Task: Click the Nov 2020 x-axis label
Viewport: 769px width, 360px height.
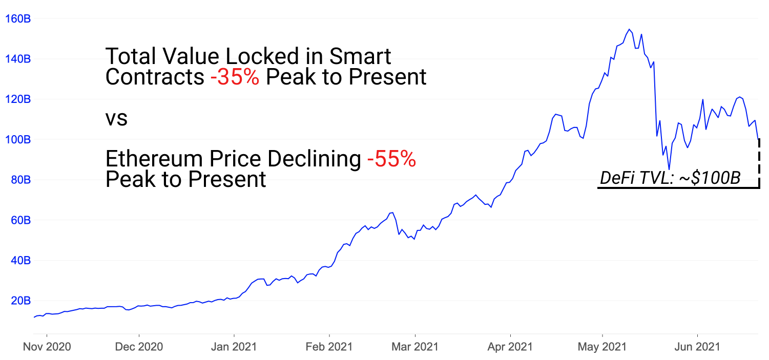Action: (47, 347)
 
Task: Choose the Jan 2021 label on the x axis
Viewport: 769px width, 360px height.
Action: (234, 347)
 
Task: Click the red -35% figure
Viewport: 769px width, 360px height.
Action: (234, 77)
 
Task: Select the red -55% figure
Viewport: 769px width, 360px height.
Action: (391, 160)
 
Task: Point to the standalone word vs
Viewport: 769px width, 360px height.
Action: (116, 119)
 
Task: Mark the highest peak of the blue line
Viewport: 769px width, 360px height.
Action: (629, 29)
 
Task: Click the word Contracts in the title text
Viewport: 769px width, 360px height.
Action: (154, 77)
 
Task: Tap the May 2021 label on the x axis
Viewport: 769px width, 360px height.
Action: (603, 347)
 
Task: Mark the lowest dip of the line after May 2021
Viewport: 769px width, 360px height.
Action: (669, 168)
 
